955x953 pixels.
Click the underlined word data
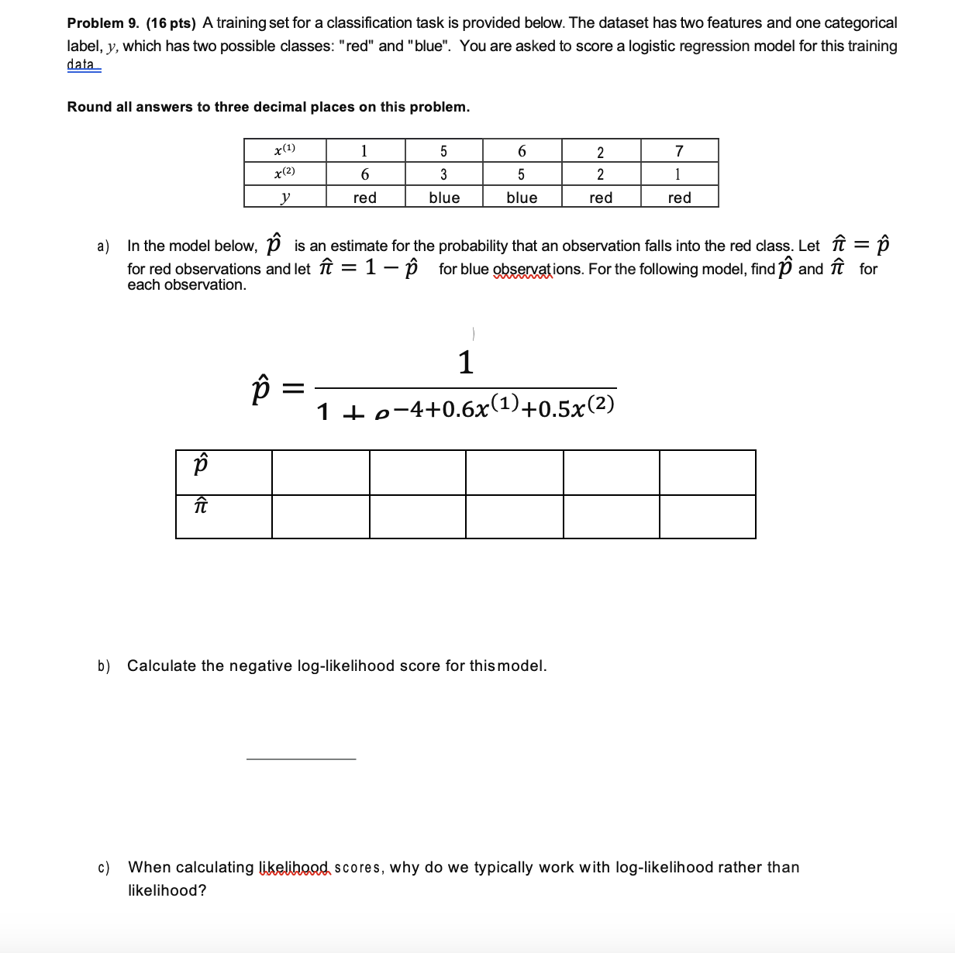tap(81, 64)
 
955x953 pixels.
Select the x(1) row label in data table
tap(284, 150)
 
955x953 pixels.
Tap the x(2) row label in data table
tap(284, 174)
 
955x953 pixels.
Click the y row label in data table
tap(284, 198)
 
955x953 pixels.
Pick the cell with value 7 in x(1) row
tap(679, 150)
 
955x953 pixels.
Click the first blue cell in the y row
tap(444, 198)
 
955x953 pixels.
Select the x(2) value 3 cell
tap(443, 174)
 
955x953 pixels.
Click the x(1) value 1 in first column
tap(364, 150)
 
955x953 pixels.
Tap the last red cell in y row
tap(679, 198)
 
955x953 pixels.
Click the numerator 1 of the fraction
tap(465, 362)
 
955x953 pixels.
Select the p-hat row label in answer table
tap(201, 466)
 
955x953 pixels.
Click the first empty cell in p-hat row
tap(320, 472)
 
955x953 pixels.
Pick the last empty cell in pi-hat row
tap(707, 517)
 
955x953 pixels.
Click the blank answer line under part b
tap(301, 759)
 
